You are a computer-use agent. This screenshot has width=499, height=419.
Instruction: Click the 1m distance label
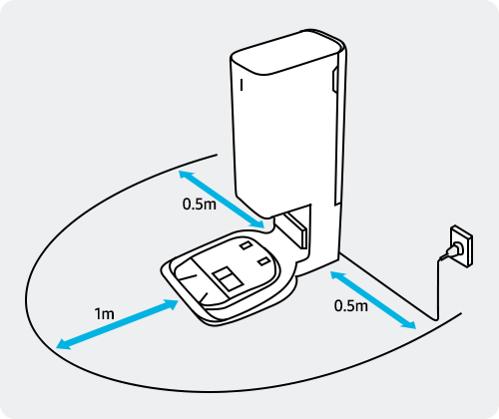(x=104, y=313)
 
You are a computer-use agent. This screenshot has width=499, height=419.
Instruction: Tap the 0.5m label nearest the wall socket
(x=351, y=305)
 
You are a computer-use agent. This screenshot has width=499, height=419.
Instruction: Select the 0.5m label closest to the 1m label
(x=200, y=204)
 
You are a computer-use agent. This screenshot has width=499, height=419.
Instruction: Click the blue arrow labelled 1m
(x=118, y=324)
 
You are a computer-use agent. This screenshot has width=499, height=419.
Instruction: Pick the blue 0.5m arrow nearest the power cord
(x=373, y=300)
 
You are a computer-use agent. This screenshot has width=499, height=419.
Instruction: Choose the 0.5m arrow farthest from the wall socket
(x=222, y=200)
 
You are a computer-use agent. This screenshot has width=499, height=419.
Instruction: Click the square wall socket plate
(x=461, y=246)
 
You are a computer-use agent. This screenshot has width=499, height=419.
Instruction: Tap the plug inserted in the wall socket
(x=451, y=250)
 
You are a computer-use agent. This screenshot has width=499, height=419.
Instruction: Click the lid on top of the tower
(x=287, y=52)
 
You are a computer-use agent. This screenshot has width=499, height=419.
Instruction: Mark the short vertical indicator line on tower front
(x=242, y=85)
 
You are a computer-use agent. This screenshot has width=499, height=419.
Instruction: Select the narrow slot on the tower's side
(x=335, y=79)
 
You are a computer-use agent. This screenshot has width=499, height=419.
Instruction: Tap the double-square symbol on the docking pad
(x=227, y=278)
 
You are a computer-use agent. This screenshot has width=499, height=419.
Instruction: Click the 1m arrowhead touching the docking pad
(x=172, y=304)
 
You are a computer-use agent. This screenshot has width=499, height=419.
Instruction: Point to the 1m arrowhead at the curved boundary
(x=63, y=344)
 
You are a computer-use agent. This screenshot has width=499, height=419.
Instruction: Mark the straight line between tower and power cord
(x=387, y=286)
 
